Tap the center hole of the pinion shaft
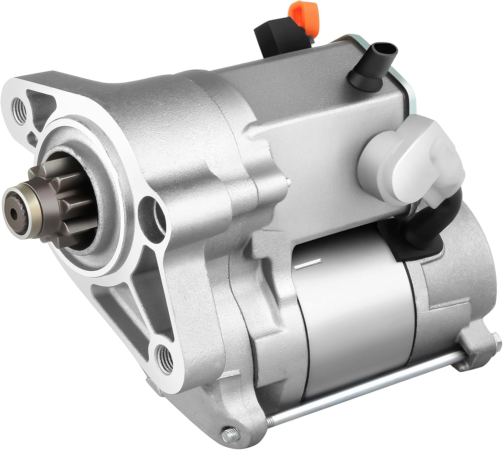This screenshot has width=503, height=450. click(14, 211)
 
